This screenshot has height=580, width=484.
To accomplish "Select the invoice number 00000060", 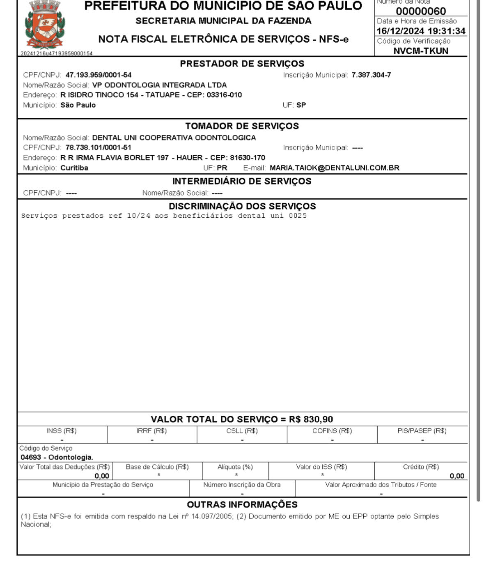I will point(420,11).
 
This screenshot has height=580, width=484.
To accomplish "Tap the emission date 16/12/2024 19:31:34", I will point(421,31).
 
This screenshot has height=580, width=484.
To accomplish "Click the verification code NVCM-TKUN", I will point(421,51).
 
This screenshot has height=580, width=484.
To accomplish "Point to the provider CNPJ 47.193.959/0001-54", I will point(99,75).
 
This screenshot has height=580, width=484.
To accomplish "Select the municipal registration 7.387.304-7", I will point(371,75).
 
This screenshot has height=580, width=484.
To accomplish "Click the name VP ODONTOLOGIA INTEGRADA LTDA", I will point(159,85).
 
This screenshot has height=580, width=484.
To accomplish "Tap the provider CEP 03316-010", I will point(224,95).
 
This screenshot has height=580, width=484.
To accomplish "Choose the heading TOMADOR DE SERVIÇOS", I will point(242,126).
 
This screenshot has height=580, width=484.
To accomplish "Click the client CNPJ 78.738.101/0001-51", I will point(99,147).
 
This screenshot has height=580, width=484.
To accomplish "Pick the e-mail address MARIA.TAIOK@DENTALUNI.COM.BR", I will point(334,168).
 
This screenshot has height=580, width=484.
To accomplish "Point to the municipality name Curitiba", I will point(74,168).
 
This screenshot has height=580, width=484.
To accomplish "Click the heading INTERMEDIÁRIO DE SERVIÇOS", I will point(242,181).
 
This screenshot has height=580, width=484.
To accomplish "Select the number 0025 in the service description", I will point(298,216).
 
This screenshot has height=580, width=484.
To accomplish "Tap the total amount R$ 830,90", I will point(311,419).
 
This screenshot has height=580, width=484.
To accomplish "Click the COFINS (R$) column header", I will point(332,431).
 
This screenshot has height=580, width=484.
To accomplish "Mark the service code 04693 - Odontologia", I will point(57,457).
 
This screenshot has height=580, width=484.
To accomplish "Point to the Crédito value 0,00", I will point(456,476).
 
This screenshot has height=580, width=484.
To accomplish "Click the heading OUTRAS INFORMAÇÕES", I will point(242,504).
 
